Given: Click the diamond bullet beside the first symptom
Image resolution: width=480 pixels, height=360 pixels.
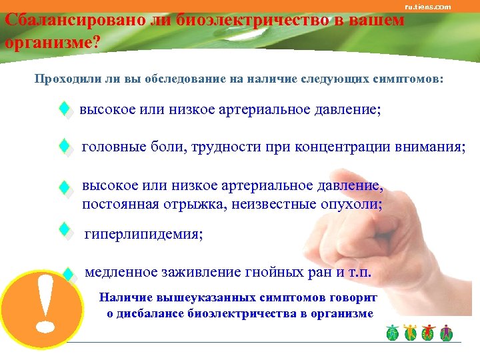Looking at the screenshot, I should [65, 109].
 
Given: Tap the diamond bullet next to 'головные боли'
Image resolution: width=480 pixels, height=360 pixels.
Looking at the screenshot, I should [65, 147].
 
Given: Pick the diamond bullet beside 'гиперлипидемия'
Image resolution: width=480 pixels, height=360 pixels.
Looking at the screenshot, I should [65, 231].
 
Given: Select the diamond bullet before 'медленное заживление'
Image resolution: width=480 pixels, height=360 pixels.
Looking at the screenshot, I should [67, 273].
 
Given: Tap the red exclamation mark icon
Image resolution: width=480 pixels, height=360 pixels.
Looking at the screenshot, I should [44, 303].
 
